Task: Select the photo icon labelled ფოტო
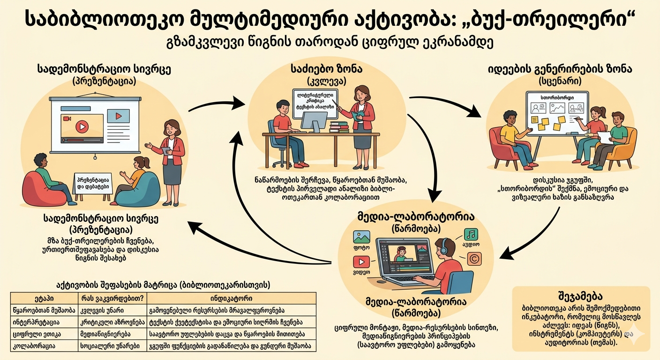coord(361,237)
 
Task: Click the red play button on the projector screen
coord(82,126)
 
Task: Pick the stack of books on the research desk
coord(338,127)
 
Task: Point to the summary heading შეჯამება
coord(581,296)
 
